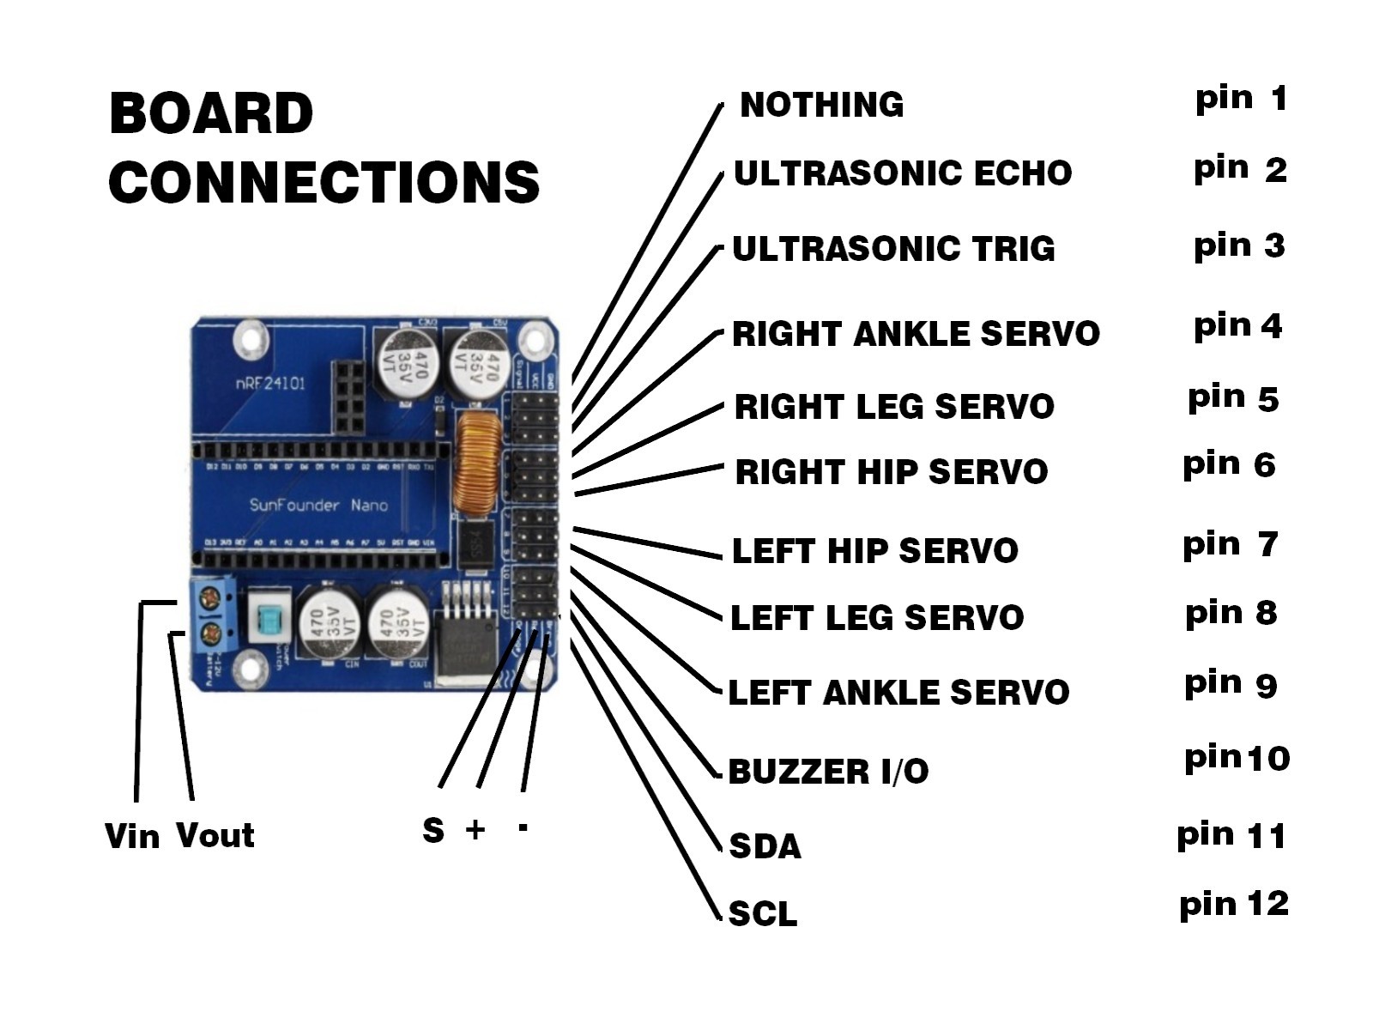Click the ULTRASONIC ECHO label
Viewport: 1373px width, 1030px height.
coord(902,173)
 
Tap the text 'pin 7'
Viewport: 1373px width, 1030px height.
coord(1230,545)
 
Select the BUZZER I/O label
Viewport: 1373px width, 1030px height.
coord(828,772)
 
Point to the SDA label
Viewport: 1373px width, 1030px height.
coord(765,846)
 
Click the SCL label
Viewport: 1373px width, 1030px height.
coord(762,913)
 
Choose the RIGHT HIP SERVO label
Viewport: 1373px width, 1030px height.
coord(891,472)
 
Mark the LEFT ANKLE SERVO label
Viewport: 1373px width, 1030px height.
coord(898,693)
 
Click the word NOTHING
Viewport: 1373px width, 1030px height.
coord(821,105)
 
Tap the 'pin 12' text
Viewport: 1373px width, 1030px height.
coord(1233,905)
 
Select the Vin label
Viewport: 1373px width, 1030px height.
coord(131,836)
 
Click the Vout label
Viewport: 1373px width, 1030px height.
coord(215,836)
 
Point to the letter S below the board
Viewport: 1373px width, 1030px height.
coord(433,830)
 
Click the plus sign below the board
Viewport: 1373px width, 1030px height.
coord(475,829)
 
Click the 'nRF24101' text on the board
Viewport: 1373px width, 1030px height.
coord(269,384)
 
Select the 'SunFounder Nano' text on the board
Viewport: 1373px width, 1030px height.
coord(318,505)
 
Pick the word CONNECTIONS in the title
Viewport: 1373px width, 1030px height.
coord(324,182)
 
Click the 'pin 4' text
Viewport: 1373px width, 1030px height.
coord(1237,326)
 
